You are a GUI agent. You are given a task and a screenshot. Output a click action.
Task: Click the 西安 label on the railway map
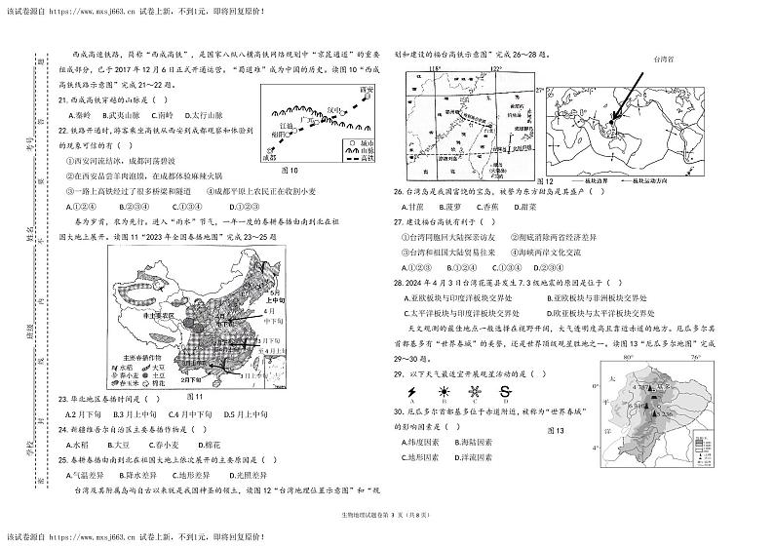(x=366, y=89)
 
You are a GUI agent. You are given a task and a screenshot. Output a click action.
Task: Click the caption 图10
(x=289, y=169)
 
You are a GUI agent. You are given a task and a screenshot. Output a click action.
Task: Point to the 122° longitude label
(x=495, y=69)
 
